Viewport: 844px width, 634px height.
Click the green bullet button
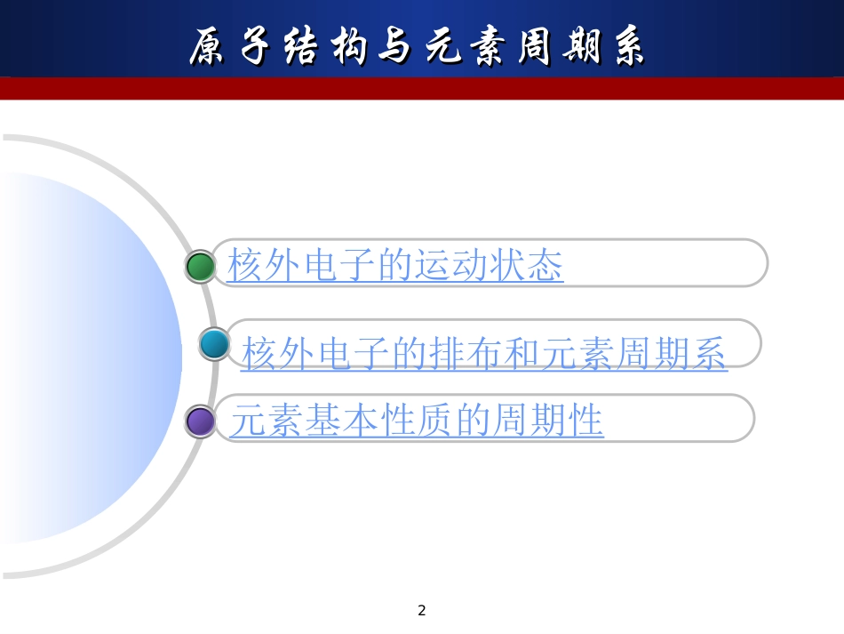pyautogui.click(x=201, y=267)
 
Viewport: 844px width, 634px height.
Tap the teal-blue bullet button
pyautogui.click(x=214, y=343)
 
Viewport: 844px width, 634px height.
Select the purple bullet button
pyautogui.click(x=201, y=421)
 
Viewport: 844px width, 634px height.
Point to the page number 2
pyautogui.click(x=422, y=610)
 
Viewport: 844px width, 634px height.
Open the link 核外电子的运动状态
pyautogui.click(x=395, y=266)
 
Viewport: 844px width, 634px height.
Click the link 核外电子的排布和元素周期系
pyautogui.click(x=484, y=354)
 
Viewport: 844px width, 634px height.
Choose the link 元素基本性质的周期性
pyautogui.click(x=417, y=421)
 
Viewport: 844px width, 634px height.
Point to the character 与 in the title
pyautogui.click(x=394, y=45)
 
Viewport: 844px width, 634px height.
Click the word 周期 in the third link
pyautogui.click(x=529, y=421)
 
